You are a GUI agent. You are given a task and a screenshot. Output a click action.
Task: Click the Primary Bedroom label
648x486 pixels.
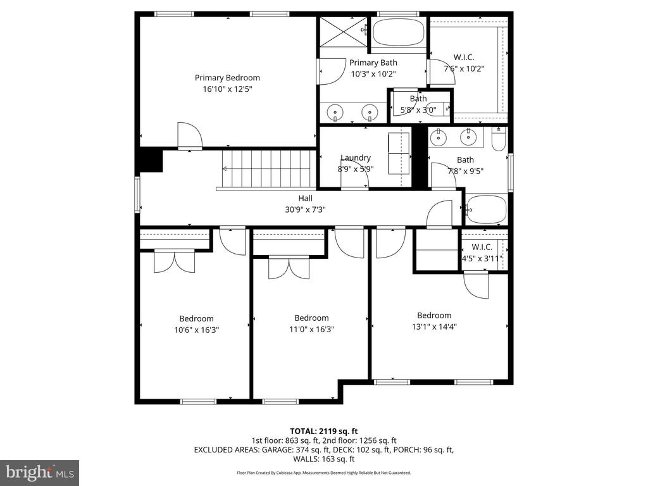point(227,78)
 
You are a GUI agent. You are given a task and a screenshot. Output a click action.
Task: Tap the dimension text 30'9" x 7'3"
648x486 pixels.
point(306,209)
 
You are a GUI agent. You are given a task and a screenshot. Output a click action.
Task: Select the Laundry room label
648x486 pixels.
point(356,158)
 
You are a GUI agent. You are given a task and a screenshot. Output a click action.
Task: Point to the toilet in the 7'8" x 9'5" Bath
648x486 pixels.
point(499,140)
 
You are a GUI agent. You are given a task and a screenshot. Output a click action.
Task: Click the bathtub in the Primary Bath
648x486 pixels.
point(398,32)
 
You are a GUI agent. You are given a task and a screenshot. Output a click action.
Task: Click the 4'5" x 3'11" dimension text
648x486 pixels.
point(482,258)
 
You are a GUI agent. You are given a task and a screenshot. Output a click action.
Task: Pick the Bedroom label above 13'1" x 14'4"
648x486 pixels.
point(434,315)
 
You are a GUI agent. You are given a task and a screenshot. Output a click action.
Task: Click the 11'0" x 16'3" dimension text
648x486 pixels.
point(311,329)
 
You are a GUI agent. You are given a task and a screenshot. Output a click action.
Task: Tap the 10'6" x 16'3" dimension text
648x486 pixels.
point(196,330)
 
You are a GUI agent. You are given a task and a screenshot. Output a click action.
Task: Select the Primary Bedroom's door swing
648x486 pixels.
point(189,135)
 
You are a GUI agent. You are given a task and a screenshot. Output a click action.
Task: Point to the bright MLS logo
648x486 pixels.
point(39,472)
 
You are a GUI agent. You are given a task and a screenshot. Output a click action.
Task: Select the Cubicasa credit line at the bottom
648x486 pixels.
point(324,473)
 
